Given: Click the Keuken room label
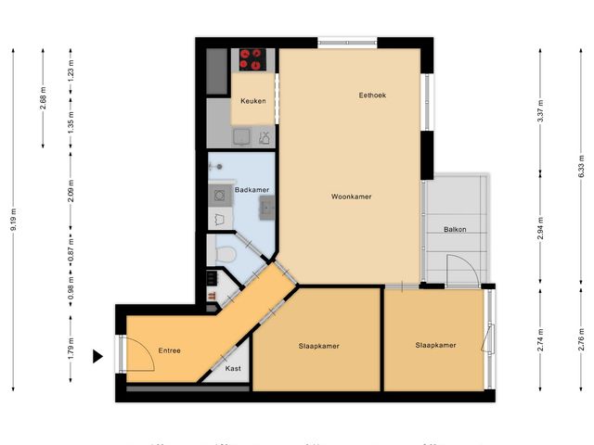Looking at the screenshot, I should pyautogui.click(x=252, y=101).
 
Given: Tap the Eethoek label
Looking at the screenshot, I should pyautogui.click(x=372, y=95).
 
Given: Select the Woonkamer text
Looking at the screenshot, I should pyautogui.click(x=352, y=197).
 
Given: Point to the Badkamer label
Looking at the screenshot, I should pyautogui.click(x=252, y=189).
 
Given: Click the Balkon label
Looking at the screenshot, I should pyautogui.click(x=455, y=229).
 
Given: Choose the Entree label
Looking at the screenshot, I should pyautogui.click(x=169, y=350).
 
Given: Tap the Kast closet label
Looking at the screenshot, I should pyautogui.click(x=235, y=369).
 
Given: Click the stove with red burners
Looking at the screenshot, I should pyautogui.click(x=251, y=60).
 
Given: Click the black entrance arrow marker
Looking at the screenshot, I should pyautogui.click(x=97, y=355).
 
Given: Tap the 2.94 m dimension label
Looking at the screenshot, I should pyautogui.click(x=540, y=231).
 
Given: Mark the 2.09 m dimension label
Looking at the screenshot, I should pyautogui.click(x=71, y=189).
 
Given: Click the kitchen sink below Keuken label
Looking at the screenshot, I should pyautogui.click(x=242, y=137).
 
